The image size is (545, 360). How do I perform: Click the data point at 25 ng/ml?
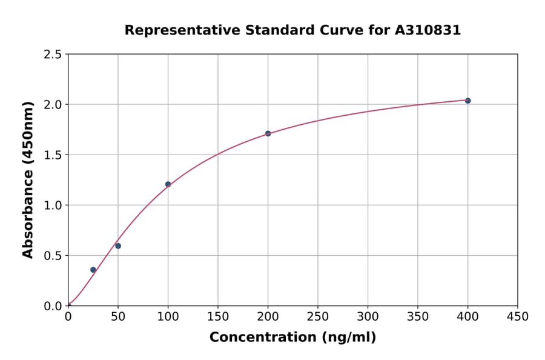(93, 270)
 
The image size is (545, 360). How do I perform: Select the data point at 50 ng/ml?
(118, 245)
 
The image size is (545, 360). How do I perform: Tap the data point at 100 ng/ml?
(168, 184)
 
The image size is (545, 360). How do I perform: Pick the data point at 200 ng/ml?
(268, 133)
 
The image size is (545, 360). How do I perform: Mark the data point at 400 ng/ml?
(467, 101)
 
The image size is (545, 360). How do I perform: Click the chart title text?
(292, 30)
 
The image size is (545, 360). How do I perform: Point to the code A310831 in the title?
(428, 30)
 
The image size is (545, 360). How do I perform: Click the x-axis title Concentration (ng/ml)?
(292, 338)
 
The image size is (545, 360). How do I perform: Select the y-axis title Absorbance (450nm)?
(28, 179)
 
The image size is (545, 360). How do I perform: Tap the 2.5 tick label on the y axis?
(53, 55)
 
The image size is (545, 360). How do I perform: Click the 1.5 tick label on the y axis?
(53, 155)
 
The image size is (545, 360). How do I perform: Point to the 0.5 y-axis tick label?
(53, 256)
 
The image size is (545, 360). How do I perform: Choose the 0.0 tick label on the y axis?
(53, 306)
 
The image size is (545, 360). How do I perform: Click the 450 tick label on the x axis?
(518, 316)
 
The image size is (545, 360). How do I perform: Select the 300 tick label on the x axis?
(368, 316)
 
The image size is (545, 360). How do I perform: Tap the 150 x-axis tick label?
(218, 316)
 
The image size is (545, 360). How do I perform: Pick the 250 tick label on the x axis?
(318, 316)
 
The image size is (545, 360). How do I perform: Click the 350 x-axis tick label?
(418, 316)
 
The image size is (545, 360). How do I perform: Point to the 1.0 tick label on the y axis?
(53, 205)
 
